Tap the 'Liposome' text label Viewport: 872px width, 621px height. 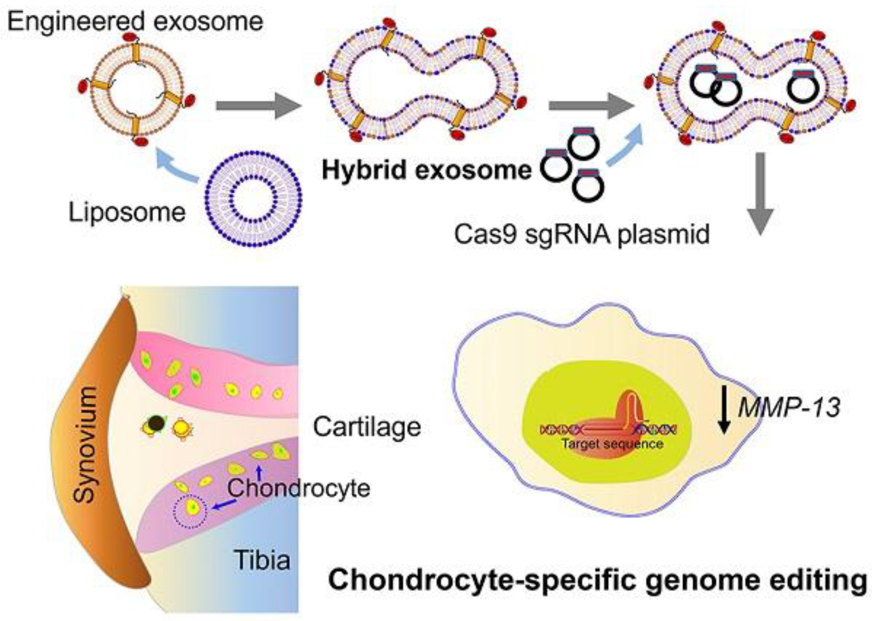[127, 213]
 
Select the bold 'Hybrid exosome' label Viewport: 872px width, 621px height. [427, 171]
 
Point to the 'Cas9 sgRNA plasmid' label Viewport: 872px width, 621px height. [581, 234]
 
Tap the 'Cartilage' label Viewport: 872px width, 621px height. [367, 427]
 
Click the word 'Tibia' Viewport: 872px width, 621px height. [262, 560]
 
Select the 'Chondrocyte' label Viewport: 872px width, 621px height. [299, 488]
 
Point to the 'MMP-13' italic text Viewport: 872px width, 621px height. [789, 408]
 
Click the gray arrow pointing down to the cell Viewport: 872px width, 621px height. [760, 194]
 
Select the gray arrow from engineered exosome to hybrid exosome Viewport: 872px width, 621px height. [259, 106]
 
